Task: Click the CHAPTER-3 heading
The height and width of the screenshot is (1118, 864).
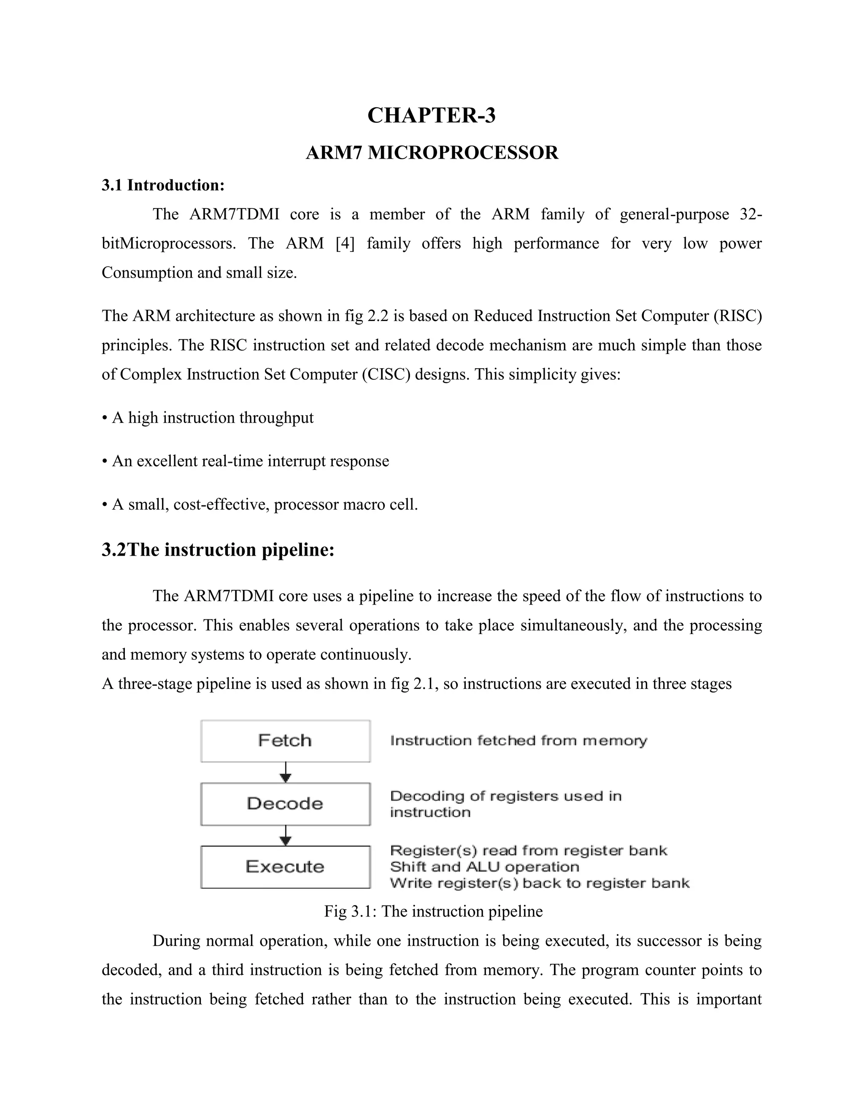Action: click(432, 115)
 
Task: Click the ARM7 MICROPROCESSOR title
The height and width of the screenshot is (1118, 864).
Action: click(432, 153)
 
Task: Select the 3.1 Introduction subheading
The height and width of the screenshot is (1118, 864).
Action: click(163, 185)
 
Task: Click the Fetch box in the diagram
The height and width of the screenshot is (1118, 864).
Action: click(285, 741)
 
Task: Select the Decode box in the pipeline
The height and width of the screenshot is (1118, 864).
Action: click(285, 804)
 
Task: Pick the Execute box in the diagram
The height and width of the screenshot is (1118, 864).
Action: click(285, 867)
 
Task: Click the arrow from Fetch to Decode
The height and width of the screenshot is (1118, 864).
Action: click(286, 772)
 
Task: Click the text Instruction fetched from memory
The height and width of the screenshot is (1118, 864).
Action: click(518, 741)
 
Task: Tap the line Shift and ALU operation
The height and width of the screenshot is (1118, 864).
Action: click(484, 867)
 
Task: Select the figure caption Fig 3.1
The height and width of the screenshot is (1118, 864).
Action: click(433, 912)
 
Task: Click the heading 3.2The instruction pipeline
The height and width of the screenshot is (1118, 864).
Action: click(218, 550)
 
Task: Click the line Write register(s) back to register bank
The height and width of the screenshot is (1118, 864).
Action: click(540, 883)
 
